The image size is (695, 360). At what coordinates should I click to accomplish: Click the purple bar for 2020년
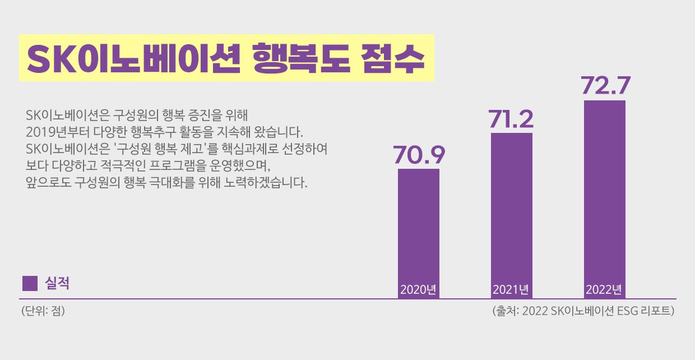click(x=419, y=224)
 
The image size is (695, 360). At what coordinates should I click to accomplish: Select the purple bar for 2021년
click(x=512, y=207)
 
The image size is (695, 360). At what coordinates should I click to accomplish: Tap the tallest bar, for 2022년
click(x=605, y=191)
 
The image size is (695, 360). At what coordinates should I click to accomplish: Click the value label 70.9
click(x=419, y=155)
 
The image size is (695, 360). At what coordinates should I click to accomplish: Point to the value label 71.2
click(x=511, y=119)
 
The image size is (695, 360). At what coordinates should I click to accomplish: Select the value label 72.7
click(x=605, y=86)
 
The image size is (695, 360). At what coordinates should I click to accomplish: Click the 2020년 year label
click(x=419, y=290)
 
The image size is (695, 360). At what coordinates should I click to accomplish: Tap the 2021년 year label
click(x=511, y=290)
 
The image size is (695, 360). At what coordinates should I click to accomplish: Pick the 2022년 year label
click(x=604, y=290)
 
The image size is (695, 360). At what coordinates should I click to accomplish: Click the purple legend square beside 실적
click(x=30, y=283)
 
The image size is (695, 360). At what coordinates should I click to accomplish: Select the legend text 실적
click(x=57, y=283)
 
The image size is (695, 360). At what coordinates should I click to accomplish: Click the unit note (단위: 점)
click(x=43, y=311)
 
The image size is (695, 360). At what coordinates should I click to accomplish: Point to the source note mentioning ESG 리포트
click(x=582, y=311)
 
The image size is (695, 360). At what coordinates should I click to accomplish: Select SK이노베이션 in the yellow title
click(x=133, y=58)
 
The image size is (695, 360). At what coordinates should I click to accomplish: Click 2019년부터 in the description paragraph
click(x=54, y=133)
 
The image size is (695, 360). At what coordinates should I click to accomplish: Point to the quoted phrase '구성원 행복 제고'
click(x=174, y=150)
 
